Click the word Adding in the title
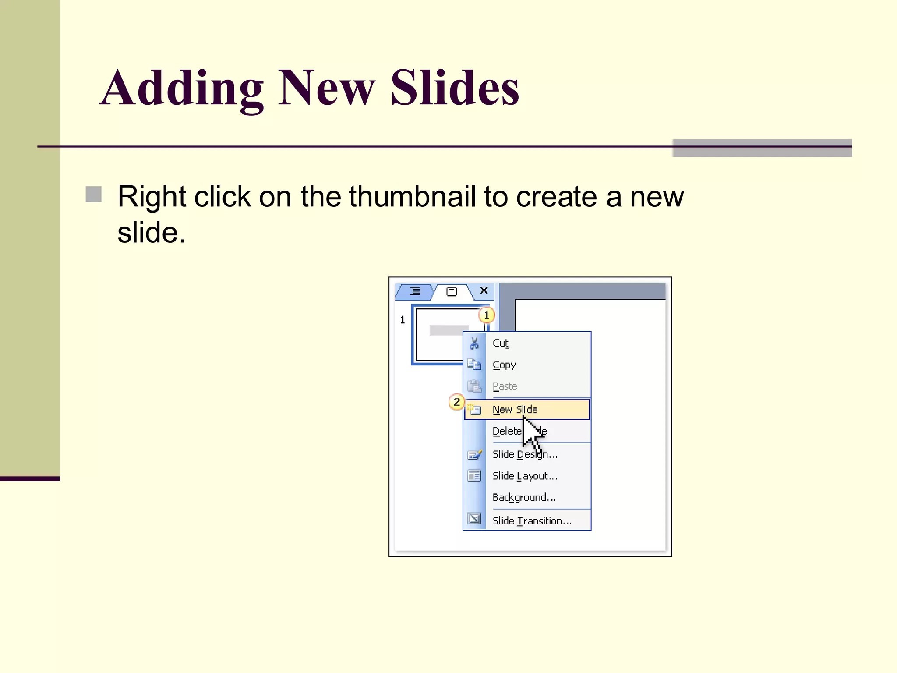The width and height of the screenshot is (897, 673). coord(182,89)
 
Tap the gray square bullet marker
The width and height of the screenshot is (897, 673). coord(94,195)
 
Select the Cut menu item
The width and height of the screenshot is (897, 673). coord(501,343)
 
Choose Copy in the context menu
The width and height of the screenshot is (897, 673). coord(504,365)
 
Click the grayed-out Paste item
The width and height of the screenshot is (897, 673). coord(505,386)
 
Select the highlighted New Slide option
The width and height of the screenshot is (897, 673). coord(515,409)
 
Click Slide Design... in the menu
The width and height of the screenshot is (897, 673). coord(525,454)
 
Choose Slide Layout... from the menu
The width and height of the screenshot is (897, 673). coord(525,476)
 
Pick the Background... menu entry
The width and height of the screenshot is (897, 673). coord(524,498)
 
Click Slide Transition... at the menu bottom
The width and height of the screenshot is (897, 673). coord(532,521)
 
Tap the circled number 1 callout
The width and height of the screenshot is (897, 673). coord(486,315)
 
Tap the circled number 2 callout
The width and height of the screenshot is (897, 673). coord(456,402)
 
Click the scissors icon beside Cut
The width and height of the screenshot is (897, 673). coord(474,343)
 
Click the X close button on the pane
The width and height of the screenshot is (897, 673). coord(484,290)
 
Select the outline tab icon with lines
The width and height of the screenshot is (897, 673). coord(415,291)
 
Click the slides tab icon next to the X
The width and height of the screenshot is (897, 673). coord(451,291)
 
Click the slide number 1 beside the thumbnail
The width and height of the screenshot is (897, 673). coord(402,320)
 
